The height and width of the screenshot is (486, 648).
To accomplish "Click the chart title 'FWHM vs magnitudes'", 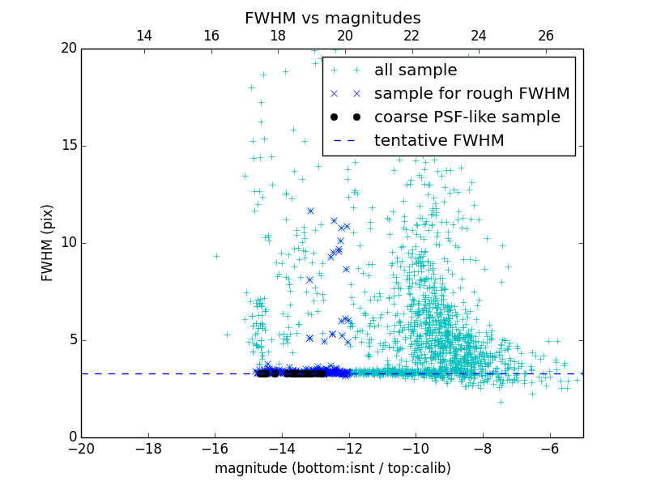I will coord(332,18).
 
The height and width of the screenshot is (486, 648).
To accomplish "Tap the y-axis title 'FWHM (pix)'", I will coord(48,242).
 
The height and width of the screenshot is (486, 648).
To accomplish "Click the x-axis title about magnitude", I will coord(332,468).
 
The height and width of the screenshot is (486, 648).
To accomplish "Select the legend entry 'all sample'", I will coord(415,70).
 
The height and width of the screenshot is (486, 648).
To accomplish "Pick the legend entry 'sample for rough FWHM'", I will coord(471,94).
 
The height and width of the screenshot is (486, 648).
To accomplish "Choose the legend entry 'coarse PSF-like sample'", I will coord(467,117).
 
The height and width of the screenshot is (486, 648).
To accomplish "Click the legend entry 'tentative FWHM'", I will coord(438,141).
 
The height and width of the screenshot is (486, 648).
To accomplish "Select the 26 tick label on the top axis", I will coord(546,36).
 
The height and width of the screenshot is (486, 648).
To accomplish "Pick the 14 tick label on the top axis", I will coord(144,36).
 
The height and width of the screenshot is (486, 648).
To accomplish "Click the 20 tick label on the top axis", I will coord(345,36).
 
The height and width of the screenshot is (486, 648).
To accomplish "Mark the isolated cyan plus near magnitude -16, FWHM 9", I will coord(216,256).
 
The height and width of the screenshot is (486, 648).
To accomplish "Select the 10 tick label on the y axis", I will coord(66,243).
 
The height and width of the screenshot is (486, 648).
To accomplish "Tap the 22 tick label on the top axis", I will coord(412,36).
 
